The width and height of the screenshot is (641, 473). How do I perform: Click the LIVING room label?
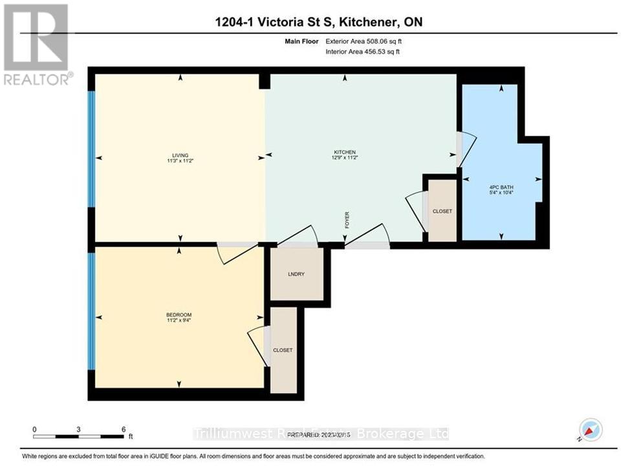point(180,155)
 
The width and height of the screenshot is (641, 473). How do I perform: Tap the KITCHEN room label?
point(345,153)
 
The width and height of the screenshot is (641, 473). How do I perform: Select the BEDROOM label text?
point(179,314)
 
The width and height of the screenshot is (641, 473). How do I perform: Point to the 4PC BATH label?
point(501,188)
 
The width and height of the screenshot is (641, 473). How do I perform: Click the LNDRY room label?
point(296,274)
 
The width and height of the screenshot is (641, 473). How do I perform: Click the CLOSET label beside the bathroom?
point(442,212)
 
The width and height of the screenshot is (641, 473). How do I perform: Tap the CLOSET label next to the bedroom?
point(283,350)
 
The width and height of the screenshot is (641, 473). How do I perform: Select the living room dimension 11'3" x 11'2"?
point(180,161)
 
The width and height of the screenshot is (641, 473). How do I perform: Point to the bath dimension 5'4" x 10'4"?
point(501,193)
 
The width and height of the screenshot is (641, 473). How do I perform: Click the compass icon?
point(591,430)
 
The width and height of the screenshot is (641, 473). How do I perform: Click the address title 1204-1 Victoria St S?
point(285,23)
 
